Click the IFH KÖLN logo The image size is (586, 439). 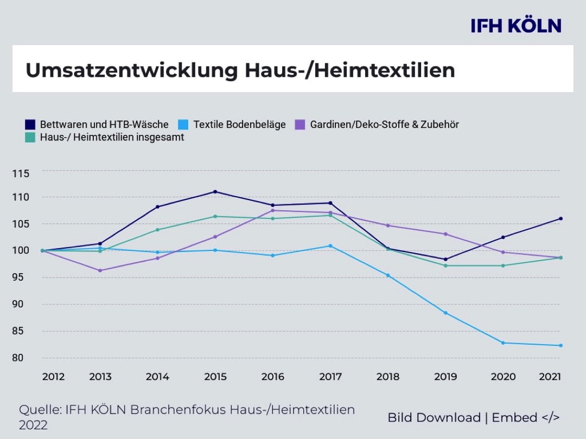pyautogui.click(x=515, y=25)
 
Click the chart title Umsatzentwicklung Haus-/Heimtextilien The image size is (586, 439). pyautogui.click(x=240, y=70)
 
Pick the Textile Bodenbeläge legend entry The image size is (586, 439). pyautogui.click(x=239, y=125)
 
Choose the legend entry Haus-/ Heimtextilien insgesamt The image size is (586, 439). pyautogui.click(x=112, y=138)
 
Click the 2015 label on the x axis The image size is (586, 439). pyautogui.click(x=215, y=377)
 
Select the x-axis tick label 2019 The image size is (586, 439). pyautogui.click(x=445, y=377)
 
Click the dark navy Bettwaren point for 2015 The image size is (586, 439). pyautogui.click(x=215, y=192)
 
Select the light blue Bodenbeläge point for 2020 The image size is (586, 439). pyautogui.click(x=503, y=343)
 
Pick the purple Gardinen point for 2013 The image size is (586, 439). pyautogui.click(x=100, y=270)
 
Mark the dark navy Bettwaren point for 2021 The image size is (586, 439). pyautogui.click(x=560, y=218)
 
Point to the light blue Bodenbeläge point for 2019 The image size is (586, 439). pyautogui.click(x=445, y=313)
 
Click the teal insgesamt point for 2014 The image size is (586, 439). pyautogui.click(x=157, y=230)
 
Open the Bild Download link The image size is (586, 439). pyautogui.click(x=434, y=418)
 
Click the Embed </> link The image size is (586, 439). pyautogui.click(x=526, y=418)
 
